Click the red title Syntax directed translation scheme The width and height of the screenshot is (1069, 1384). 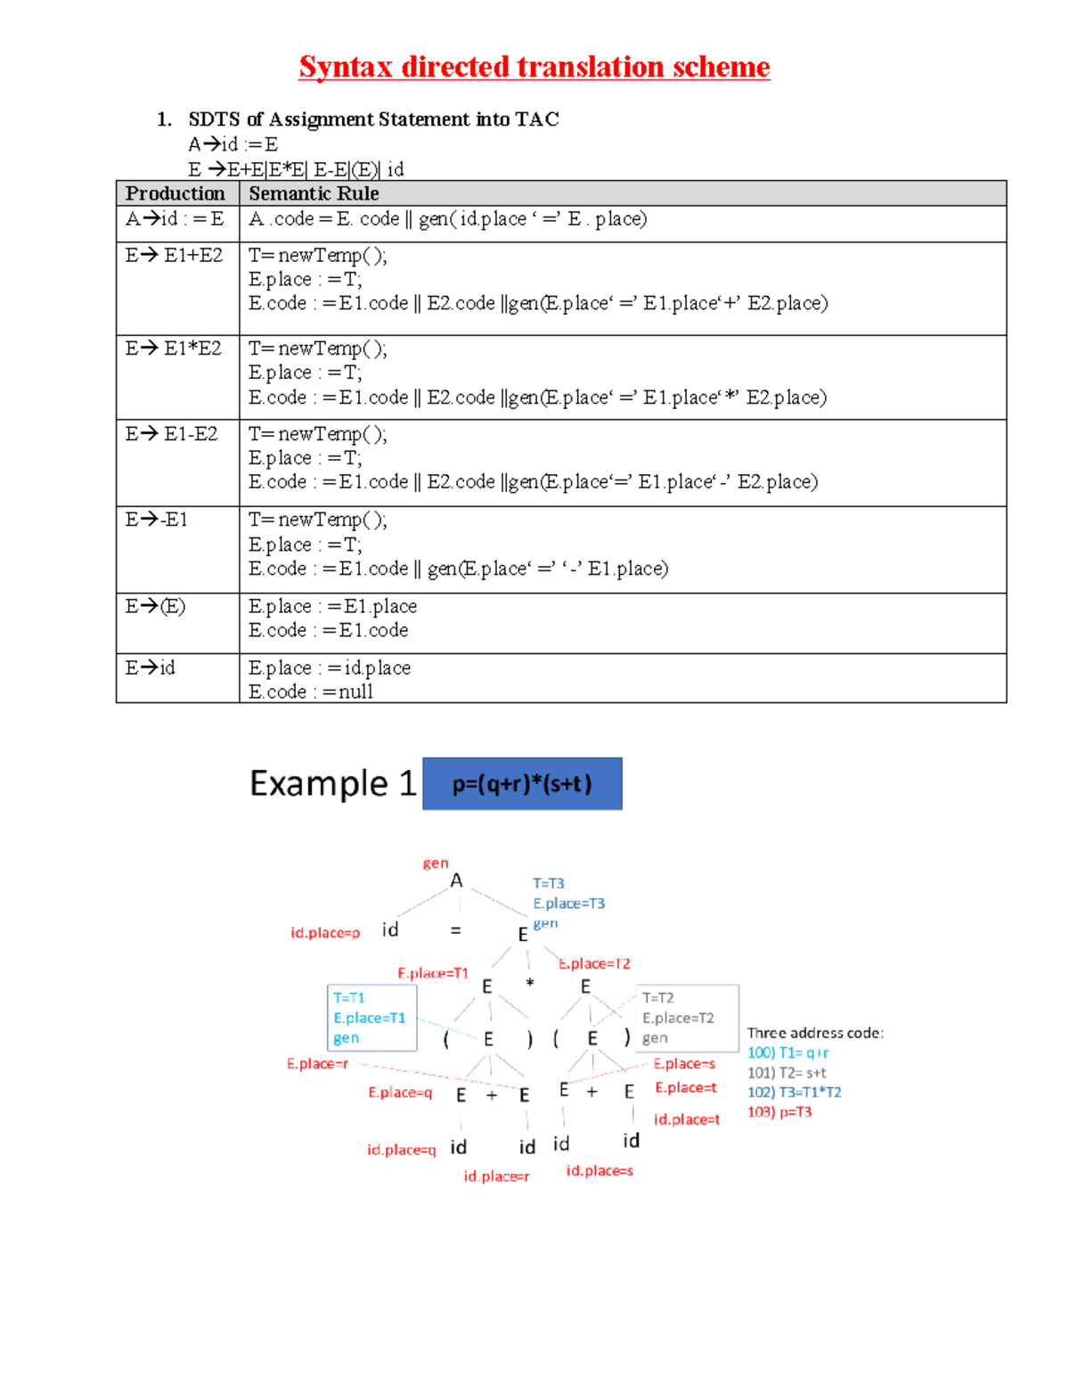click(x=534, y=67)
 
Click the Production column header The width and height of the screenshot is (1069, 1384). click(x=175, y=193)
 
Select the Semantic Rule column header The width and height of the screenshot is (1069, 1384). click(x=314, y=193)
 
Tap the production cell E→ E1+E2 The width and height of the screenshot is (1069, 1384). click(x=175, y=256)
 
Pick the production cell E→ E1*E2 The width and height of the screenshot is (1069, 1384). click(x=174, y=348)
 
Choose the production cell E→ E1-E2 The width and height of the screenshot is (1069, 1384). click(x=172, y=434)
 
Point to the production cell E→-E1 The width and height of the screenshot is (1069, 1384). click(x=157, y=520)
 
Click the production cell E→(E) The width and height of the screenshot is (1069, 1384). click(x=156, y=607)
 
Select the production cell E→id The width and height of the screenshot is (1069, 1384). click(x=151, y=667)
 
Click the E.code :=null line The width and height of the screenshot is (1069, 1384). click(x=310, y=692)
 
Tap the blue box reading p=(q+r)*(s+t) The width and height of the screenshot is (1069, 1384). click(x=522, y=784)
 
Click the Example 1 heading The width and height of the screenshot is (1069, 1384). click(x=333, y=783)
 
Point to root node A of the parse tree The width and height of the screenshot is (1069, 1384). click(x=456, y=881)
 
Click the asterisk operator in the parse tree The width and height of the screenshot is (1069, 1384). click(x=530, y=985)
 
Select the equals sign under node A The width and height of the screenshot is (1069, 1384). click(x=455, y=930)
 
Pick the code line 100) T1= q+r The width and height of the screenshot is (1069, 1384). click(x=787, y=1053)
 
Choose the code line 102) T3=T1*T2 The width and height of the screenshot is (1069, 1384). click(x=794, y=1093)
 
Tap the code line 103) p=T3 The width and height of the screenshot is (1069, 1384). click(x=779, y=1112)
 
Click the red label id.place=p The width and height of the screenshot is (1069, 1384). click(x=325, y=933)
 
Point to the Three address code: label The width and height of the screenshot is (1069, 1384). click(x=815, y=1033)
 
